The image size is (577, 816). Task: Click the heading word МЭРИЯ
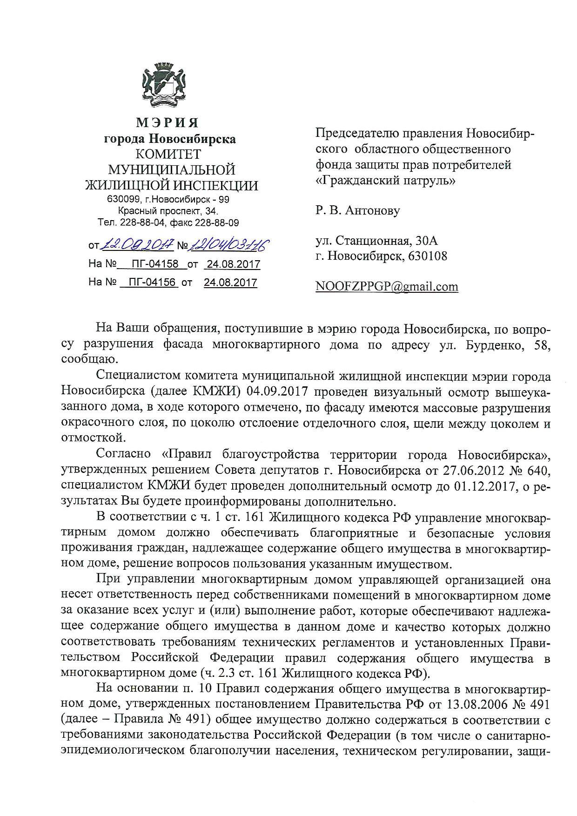coord(168,123)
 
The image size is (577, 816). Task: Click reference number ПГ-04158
coord(155,264)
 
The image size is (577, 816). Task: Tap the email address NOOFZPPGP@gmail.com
coord(387,286)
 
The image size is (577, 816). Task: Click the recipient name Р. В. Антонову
coord(357,210)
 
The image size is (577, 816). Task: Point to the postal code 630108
coord(426,256)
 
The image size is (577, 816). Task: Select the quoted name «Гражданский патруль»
coord(386,180)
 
